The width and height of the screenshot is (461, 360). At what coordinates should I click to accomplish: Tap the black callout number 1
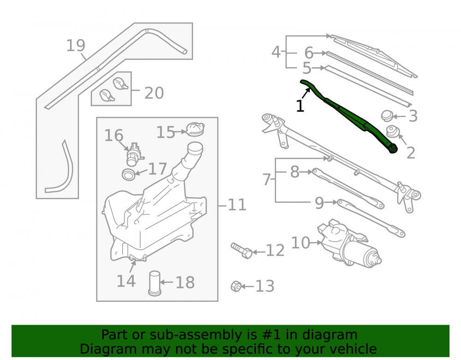(x=300, y=106)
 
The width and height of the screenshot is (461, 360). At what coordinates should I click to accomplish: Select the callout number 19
(x=76, y=46)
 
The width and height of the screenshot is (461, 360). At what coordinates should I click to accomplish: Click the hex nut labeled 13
(x=236, y=286)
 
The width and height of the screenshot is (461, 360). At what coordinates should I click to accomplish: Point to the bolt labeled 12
(x=242, y=251)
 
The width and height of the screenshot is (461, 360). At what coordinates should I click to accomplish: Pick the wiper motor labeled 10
(x=349, y=244)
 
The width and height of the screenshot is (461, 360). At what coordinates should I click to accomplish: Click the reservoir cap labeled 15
(x=195, y=130)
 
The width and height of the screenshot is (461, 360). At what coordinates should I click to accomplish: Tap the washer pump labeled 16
(x=134, y=154)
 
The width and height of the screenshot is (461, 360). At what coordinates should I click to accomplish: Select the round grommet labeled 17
(x=129, y=174)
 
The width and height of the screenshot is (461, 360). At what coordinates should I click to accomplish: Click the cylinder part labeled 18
(x=154, y=283)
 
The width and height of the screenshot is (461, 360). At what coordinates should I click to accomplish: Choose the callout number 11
(x=237, y=205)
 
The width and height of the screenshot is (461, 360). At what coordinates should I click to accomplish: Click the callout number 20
(x=154, y=93)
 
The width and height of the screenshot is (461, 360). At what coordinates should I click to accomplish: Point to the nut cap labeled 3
(x=387, y=116)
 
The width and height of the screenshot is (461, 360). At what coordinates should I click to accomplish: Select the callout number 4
(x=276, y=52)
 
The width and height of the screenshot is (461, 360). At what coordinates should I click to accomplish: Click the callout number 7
(x=266, y=180)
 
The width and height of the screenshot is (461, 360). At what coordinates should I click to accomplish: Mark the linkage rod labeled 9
(x=371, y=218)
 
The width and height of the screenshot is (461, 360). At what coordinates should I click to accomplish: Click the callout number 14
(x=126, y=281)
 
